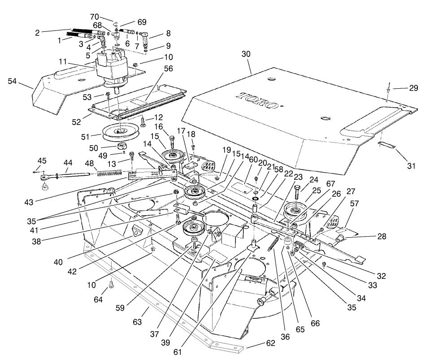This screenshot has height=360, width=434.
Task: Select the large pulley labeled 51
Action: pos(119,131)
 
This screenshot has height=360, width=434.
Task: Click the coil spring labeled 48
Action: pos(110,171)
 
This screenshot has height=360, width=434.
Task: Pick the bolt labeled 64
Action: pos(111,285)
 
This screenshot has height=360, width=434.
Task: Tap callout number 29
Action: pos(413,88)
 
